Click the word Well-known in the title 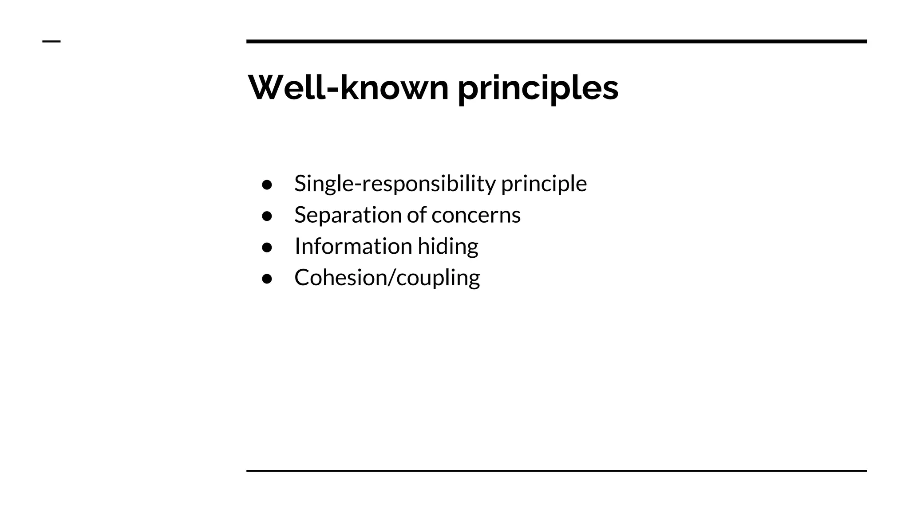click(348, 88)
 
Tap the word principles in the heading click(537, 89)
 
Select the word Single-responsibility click(395, 184)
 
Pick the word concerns click(476, 216)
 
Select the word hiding click(448, 247)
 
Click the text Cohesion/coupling click(387, 278)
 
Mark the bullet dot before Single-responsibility click(267, 185)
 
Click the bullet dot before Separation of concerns click(267, 216)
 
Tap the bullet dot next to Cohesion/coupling click(267, 279)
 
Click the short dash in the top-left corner click(51, 42)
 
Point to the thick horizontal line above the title click(557, 42)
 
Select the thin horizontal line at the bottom click(557, 471)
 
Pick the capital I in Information click(297, 246)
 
